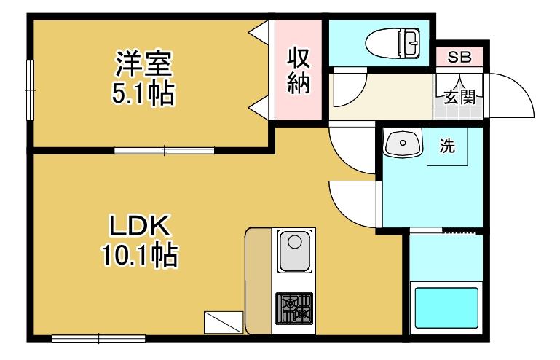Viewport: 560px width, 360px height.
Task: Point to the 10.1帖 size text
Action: click(139, 254)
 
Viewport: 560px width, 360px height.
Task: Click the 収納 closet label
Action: click(299, 70)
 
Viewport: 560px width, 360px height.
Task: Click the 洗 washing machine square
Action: click(446, 146)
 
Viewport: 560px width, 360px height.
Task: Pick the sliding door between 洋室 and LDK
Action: click(165, 151)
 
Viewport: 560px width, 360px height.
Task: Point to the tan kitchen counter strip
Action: click(258, 281)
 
